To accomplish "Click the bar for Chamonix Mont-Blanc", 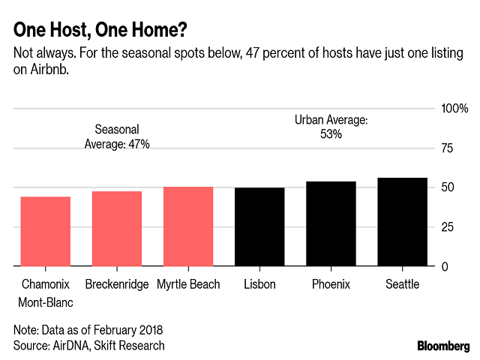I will pyautogui.click(x=45, y=231).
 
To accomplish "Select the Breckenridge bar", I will pyautogui.click(x=117, y=229).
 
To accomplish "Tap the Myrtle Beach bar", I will pyautogui.click(x=188, y=226).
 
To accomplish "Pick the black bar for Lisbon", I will pyautogui.click(x=260, y=226).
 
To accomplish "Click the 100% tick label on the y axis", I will pyautogui.click(x=454, y=109).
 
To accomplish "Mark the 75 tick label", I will pyautogui.click(x=448, y=148).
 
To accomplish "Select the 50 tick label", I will pyautogui.click(x=448, y=187).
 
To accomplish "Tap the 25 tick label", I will pyautogui.click(x=448, y=227).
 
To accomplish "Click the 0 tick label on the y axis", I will pyautogui.click(x=445, y=267).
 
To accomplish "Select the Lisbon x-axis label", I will pyautogui.click(x=260, y=284).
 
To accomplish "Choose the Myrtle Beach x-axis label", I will pyautogui.click(x=188, y=284).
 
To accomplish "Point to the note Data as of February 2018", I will pyautogui.click(x=88, y=329).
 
